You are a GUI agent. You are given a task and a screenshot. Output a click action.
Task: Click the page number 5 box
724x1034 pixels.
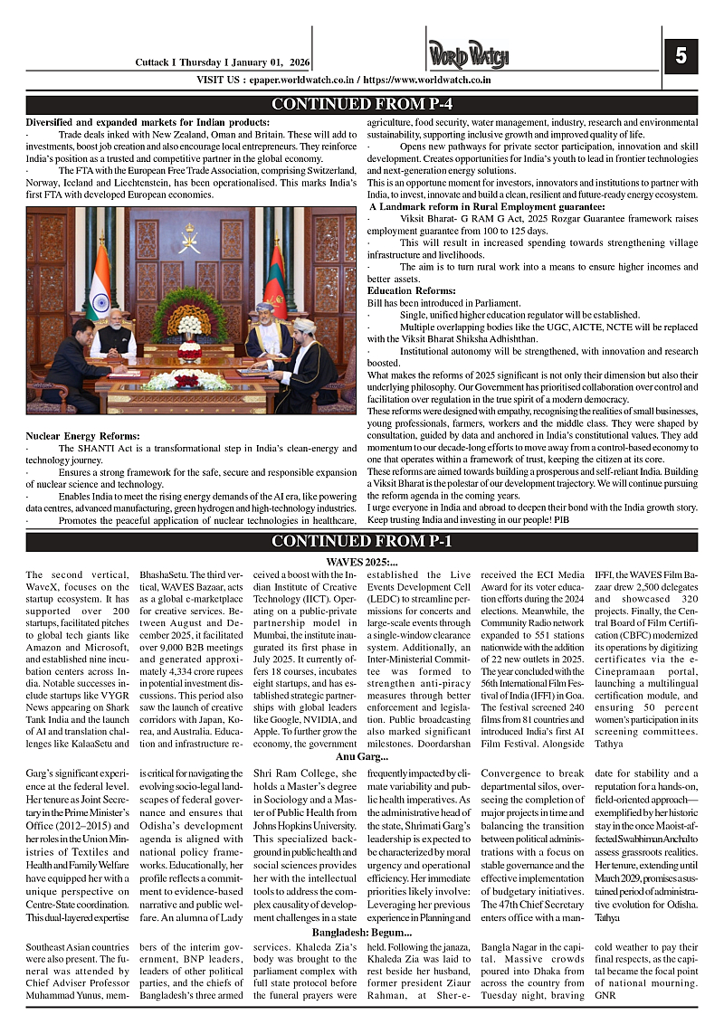[681, 57]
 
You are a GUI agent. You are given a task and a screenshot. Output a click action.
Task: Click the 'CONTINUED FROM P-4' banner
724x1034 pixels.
[362, 104]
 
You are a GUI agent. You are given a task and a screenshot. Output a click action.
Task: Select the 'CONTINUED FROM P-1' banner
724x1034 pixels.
[362, 541]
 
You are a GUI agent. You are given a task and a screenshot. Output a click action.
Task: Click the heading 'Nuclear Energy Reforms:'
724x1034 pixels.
[82, 437]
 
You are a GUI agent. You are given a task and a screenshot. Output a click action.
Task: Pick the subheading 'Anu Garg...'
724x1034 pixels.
[362, 756]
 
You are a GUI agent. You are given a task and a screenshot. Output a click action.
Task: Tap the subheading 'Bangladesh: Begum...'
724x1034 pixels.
[362, 932]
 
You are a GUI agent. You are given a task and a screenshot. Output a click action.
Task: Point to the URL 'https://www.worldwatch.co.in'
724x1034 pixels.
[425, 80]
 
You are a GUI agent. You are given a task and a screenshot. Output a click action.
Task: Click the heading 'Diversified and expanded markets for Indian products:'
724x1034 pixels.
[148, 122]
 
